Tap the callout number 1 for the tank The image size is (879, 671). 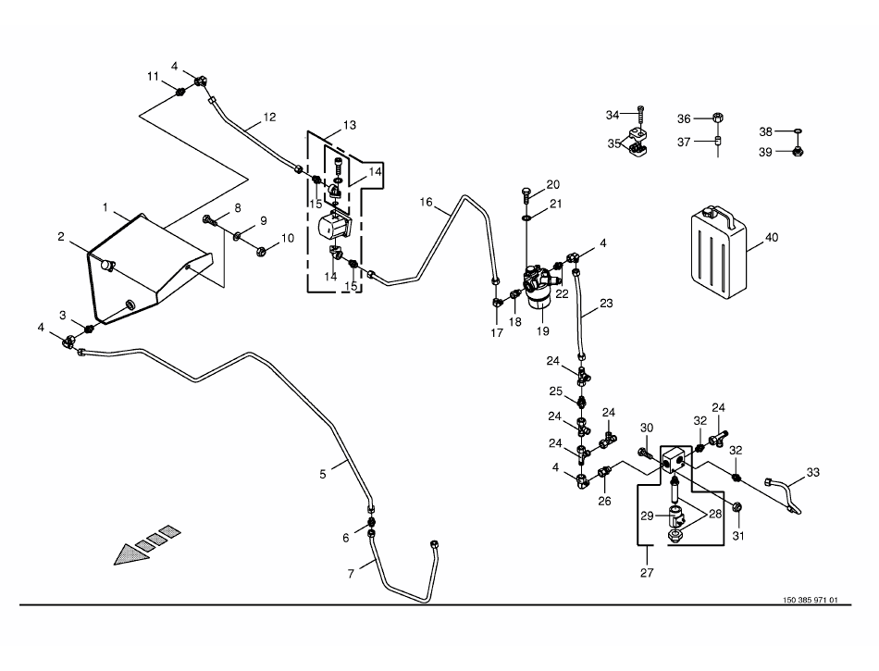coord(105,206)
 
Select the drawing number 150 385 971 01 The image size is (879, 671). coord(810,600)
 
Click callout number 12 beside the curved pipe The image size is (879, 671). coord(269,118)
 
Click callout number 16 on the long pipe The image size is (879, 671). coord(427,202)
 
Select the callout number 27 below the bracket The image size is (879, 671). coord(646,573)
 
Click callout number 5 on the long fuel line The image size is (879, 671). coord(323,474)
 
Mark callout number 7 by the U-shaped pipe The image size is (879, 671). coord(351,574)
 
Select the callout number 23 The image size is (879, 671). coord(606,302)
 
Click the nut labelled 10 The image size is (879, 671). coord(261,250)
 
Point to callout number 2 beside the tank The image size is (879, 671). coord(61,237)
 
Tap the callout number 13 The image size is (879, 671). coord(349,125)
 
